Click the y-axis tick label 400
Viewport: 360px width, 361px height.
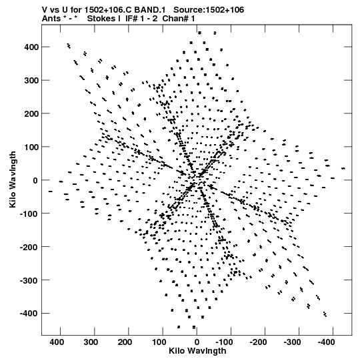[31, 47]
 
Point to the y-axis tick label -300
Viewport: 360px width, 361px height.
[29, 280]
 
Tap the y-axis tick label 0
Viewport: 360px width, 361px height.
[35, 180]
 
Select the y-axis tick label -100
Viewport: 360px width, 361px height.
[29, 214]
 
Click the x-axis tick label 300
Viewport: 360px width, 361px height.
[91, 342]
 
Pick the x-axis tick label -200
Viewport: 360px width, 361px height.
[258, 342]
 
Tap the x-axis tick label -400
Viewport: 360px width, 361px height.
[327, 342]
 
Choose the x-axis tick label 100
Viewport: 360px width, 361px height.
[159, 342]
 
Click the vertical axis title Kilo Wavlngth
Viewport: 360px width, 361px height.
[13, 179]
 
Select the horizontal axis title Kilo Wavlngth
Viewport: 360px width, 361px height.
[197, 351]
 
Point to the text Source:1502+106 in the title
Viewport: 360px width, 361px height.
[209, 10]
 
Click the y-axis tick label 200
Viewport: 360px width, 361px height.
[31, 113]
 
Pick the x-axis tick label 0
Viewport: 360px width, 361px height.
[197, 342]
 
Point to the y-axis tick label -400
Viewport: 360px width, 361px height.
[29, 314]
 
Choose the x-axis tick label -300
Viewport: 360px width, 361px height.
[293, 342]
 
